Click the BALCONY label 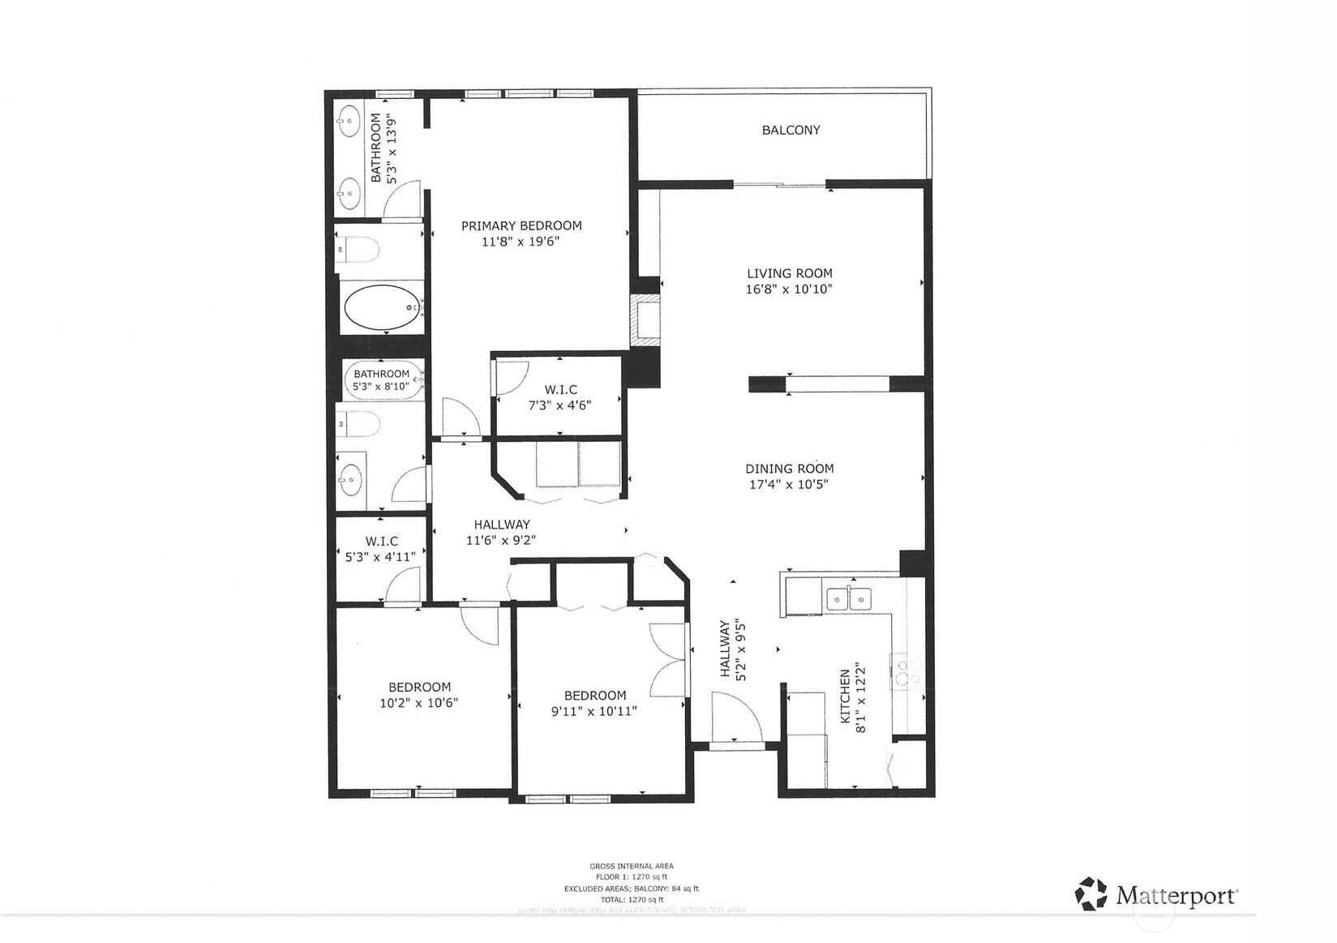coord(791,130)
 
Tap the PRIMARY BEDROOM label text coord(521,225)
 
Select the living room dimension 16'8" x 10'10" coord(789,289)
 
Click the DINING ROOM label coord(789,469)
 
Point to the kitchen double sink coord(848,599)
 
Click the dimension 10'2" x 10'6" coord(419,703)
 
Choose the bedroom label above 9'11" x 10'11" coord(595,696)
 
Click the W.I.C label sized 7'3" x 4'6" coord(560,390)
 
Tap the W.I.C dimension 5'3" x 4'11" coord(380,556)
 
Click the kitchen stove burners coord(906,671)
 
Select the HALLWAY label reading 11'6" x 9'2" coord(502,525)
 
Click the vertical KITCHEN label coord(846,696)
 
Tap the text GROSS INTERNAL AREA coord(632,866)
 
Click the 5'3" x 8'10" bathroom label coord(381,380)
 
